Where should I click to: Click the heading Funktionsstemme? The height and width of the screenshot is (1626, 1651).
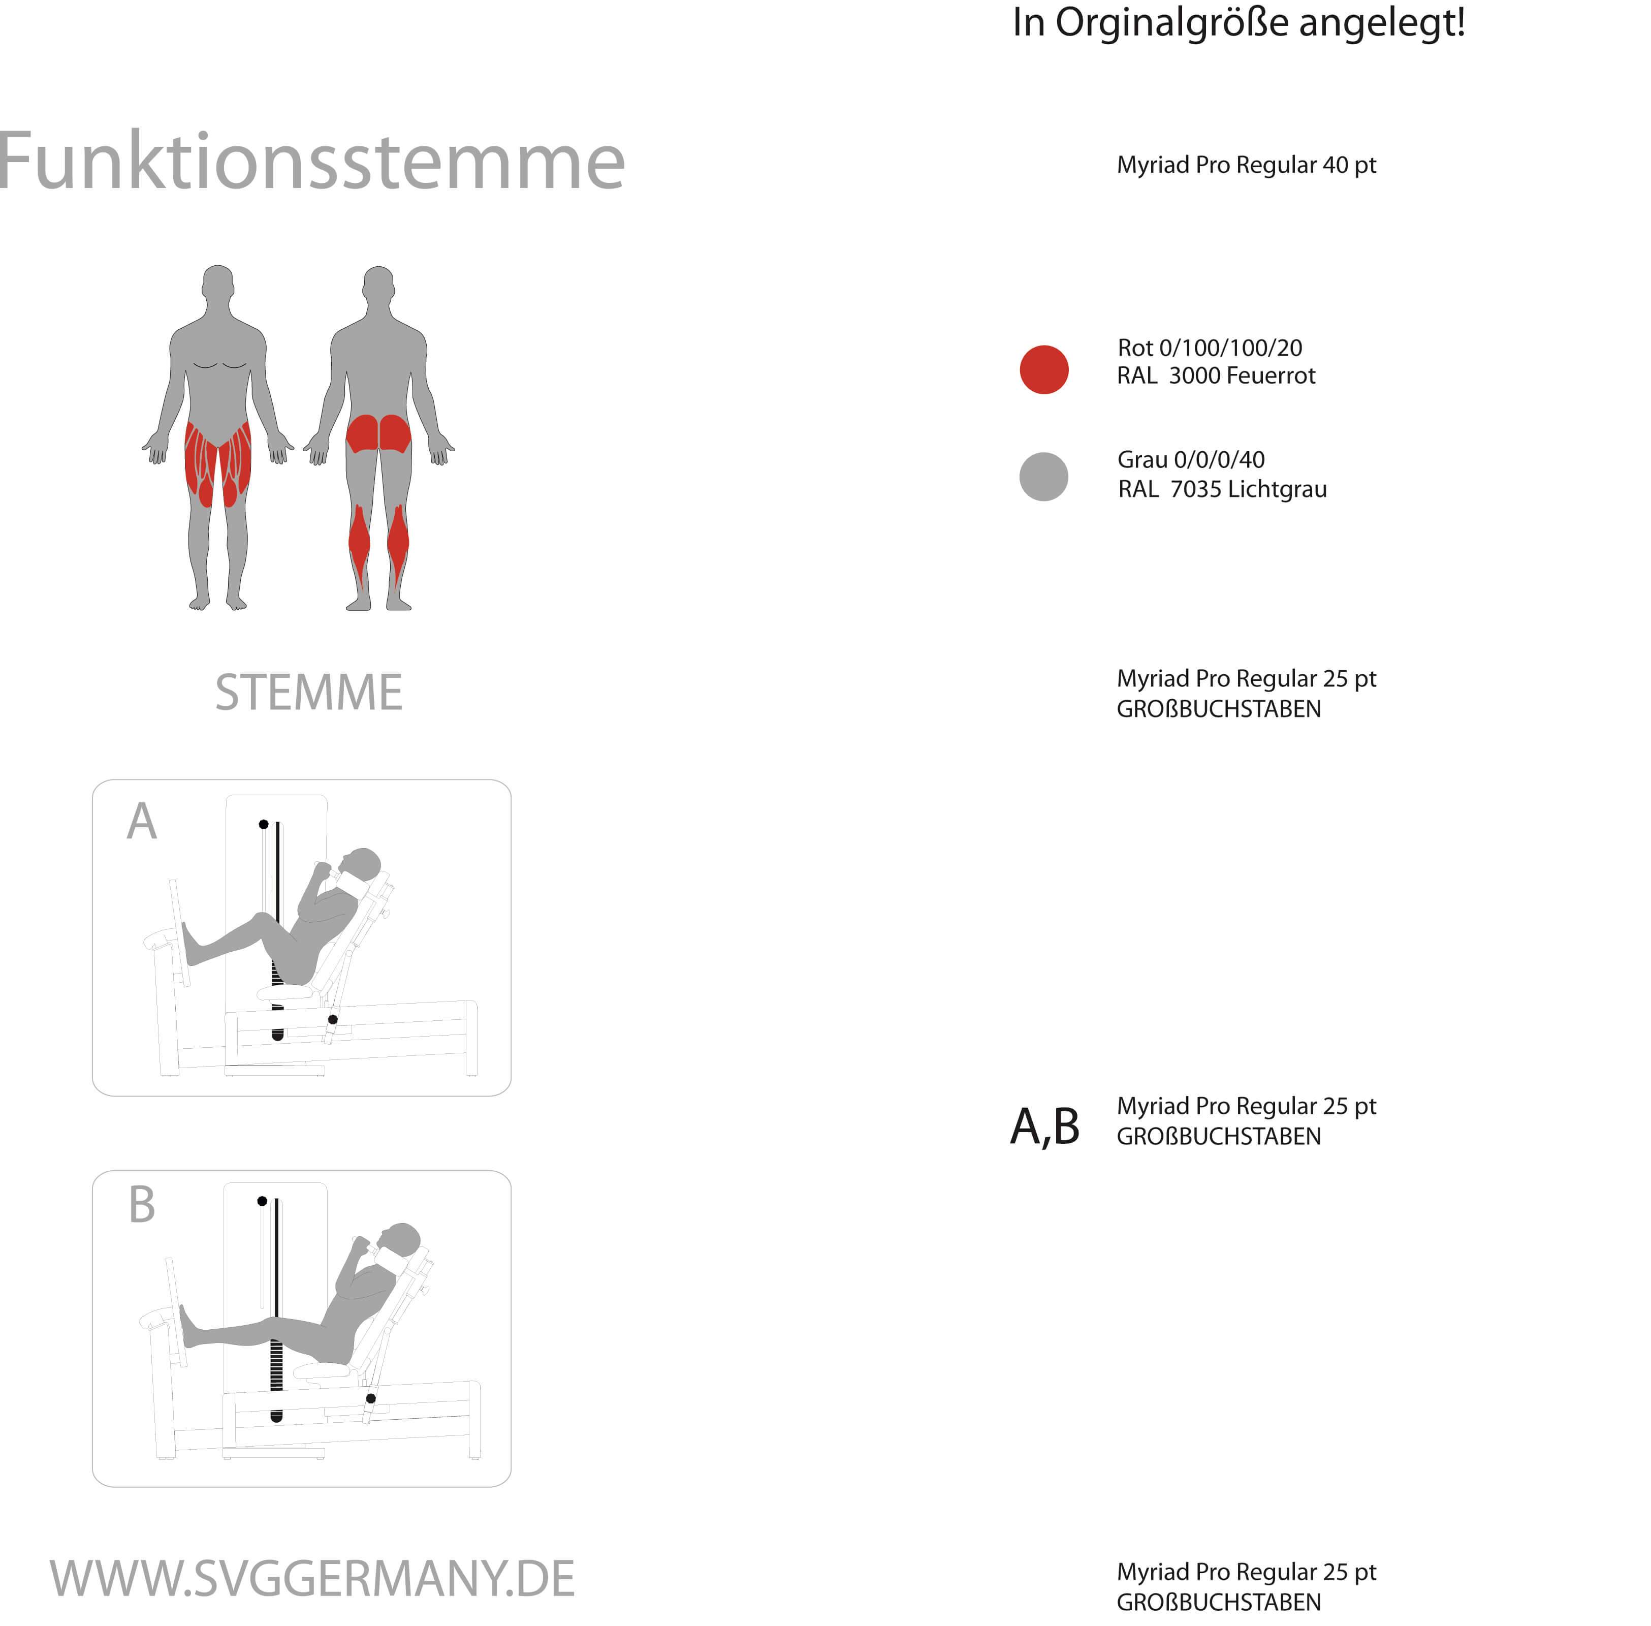pyautogui.click(x=311, y=162)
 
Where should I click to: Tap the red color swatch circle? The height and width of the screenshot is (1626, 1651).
pyautogui.click(x=1043, y=369)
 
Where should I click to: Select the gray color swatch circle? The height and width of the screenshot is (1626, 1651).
pyautogui.click(x=1043, y=476)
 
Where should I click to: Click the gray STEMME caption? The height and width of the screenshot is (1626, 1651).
pyautogui.click(x=308, y=692)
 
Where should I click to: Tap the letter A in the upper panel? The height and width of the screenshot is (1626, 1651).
pyautogui.click(x=142, y=822)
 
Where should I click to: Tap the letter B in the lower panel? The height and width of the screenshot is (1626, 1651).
pyautogui.click(x=142, y=1205)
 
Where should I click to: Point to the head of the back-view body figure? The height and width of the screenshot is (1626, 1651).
pyautogui.click(x=378, y=285)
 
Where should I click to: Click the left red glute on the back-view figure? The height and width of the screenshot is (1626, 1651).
pyautogui.click(x=362, y=433)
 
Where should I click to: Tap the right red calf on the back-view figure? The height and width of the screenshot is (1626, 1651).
pyautogui.click(x=398, y=542)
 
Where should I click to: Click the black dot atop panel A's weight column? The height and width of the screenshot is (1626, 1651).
pyautogui.click(x=264, y=824)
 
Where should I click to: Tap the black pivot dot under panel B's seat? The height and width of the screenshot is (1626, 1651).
pyautogui.click(x=370, y=1398)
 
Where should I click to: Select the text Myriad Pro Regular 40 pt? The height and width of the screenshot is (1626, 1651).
pyautogui.click(x=1246, y=165)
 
